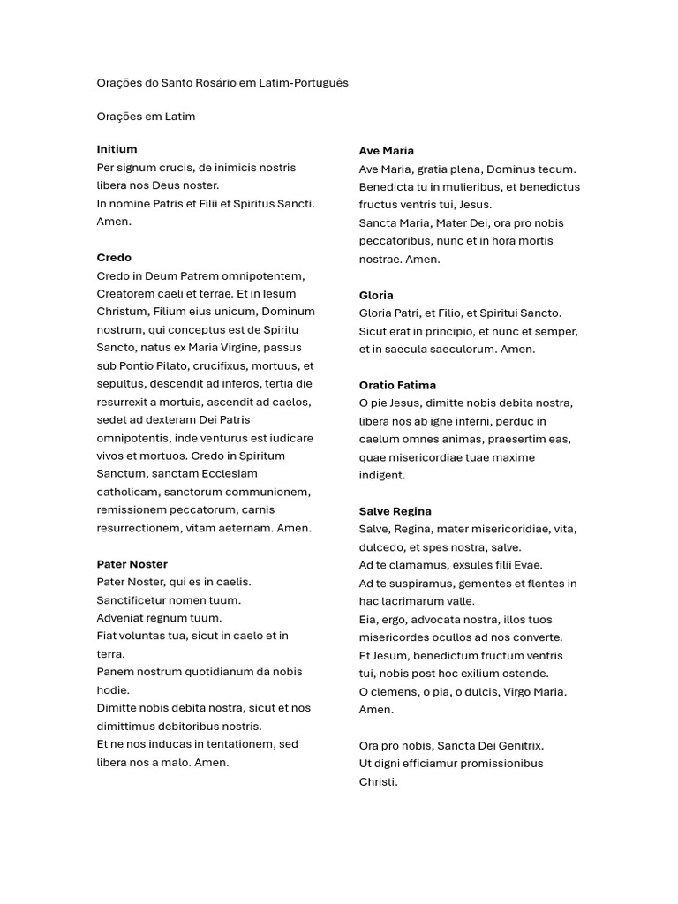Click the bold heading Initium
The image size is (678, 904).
(117, 149)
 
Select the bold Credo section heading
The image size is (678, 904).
(114, 258)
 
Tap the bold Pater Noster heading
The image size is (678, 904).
(132, 564)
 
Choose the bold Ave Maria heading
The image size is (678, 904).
(386, 151)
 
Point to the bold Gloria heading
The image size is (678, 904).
(376, 295)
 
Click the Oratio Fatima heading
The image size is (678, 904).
(397, 385)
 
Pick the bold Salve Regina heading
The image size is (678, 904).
(395, 511)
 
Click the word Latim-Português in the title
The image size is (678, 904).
(304, 83)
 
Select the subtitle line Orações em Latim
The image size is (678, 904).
(146, 117)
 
